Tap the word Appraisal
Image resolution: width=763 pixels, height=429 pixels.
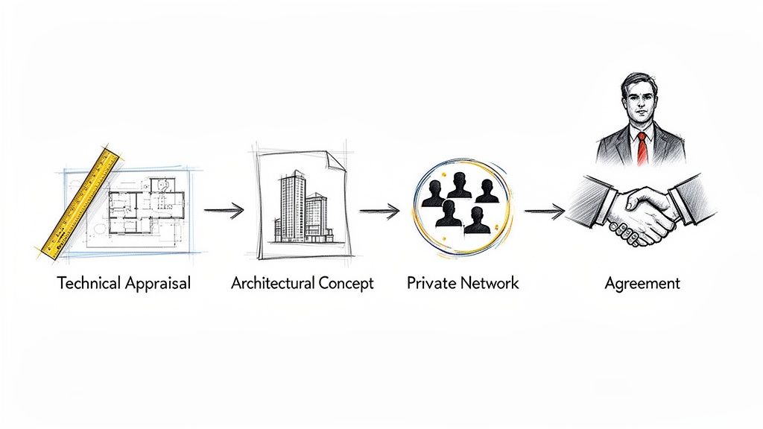click(157, 284)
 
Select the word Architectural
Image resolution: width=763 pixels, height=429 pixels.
click(273, 284)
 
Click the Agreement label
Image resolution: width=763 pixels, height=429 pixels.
click(642, 284)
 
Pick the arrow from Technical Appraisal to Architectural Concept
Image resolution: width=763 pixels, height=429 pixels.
click(224, 211)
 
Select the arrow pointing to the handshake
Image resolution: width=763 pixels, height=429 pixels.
click(544, 211)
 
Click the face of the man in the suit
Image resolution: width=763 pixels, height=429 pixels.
click(639, 104)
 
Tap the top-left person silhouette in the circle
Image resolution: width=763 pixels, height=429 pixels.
click(433, 193)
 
